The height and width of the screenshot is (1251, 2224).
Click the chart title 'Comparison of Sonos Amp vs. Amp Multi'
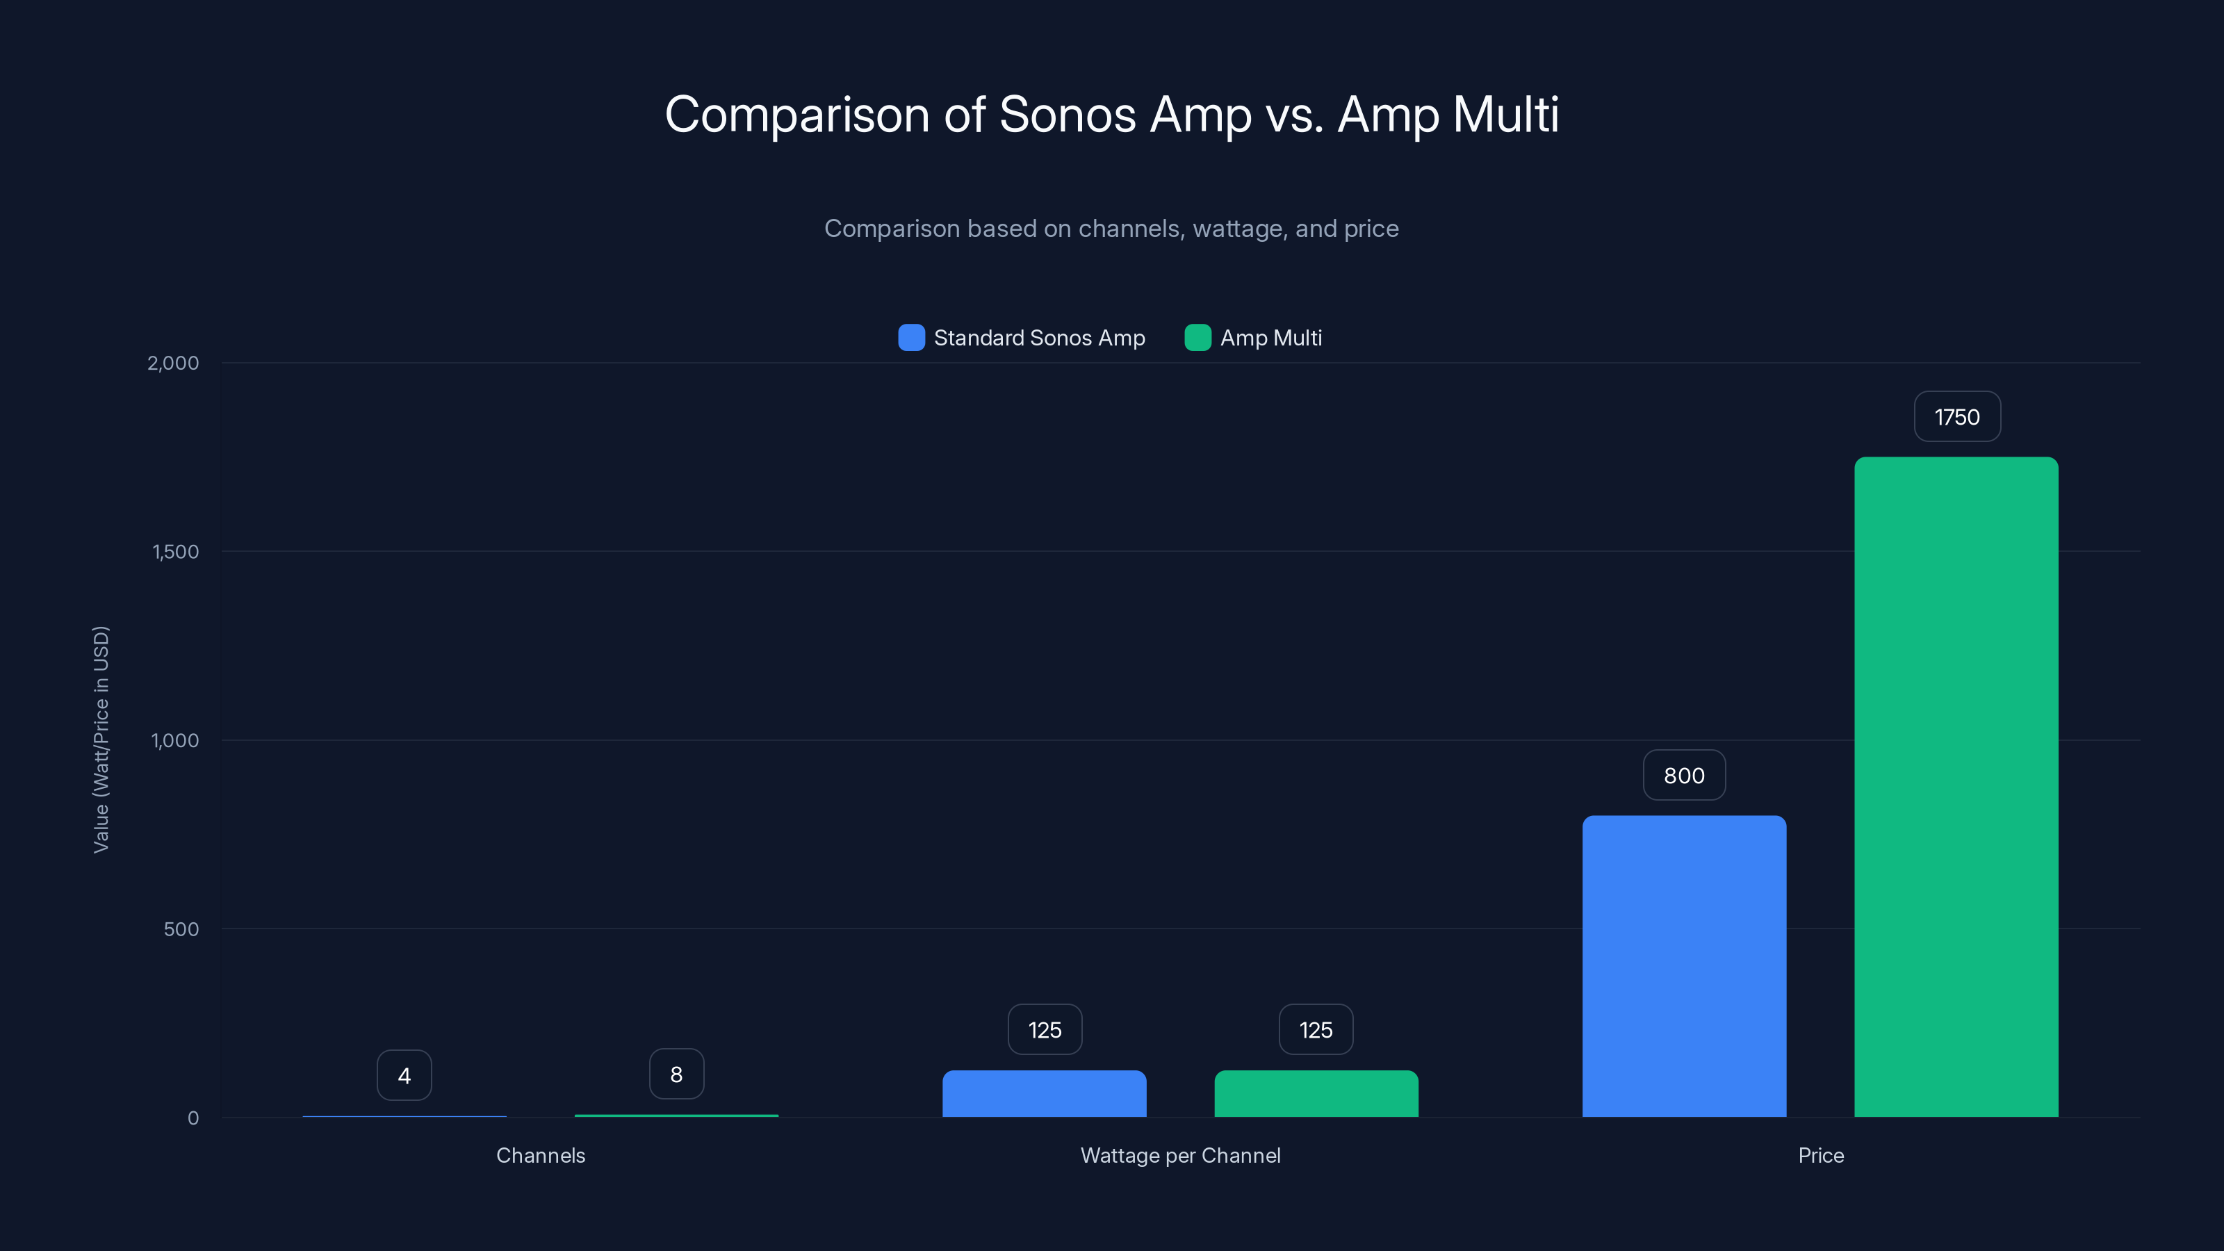point(1111,114)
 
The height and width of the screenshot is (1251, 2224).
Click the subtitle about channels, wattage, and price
point(1111,228)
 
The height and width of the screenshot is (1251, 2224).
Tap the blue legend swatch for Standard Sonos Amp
point(911,338)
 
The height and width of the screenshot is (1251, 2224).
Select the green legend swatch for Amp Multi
point(1197,338)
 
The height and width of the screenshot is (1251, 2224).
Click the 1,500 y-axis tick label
point(175,552)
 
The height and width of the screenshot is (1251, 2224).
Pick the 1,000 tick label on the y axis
point(174,741)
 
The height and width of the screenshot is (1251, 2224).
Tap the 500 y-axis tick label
point(181,929)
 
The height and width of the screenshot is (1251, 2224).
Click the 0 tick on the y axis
point(193,1118)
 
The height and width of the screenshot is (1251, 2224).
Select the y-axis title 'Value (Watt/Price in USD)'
point(101,740)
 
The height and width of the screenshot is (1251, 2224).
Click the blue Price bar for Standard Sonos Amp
point(1683,966)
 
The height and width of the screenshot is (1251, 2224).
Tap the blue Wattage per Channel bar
point(1044,1093)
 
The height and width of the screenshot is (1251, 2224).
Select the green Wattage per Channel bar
point(1316,1093)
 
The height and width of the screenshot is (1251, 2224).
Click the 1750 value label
point(1956,417)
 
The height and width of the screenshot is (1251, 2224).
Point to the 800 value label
point(1683,776)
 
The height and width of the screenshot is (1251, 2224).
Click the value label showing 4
point(404,1076)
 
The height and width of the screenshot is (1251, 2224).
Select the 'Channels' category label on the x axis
point(541,1155)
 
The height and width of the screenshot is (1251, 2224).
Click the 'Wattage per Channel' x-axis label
point(1180,1155)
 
